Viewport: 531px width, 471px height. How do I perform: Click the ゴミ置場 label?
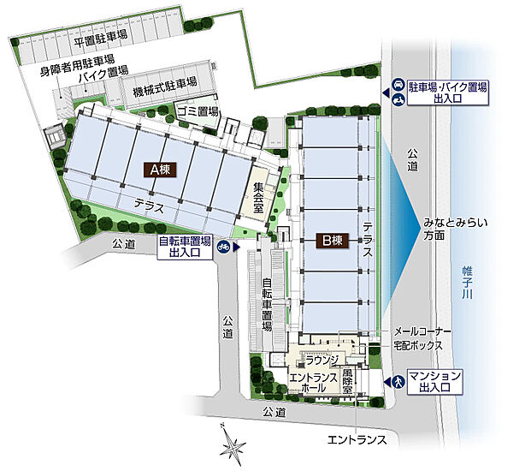pyautogui.click(x=198, y=112)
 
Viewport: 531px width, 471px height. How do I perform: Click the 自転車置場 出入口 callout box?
pyautogui.click(x=185, y=247)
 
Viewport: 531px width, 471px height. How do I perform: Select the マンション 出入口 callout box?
pyautogui.click(x=435, y=381)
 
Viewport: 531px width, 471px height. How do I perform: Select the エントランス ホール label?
pyautogui.click(x=313, y=383)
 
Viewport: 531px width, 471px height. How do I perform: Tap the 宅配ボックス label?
pyautogui.click(x=418, y=345)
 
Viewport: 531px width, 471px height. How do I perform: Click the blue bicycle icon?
pyautogui.click(x=223, y=247)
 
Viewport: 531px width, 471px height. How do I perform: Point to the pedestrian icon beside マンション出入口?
pyautogui.click(x=395, y=381)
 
